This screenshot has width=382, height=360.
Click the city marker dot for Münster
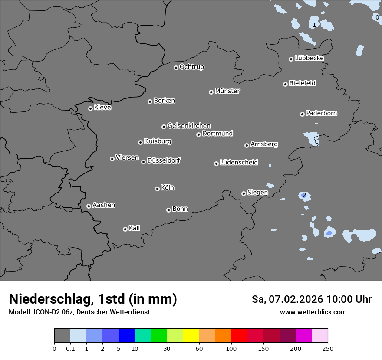[x=211, y=92]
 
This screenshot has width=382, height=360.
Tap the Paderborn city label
[x=322, y=113]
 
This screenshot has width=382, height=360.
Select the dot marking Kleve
[x=90, y=108]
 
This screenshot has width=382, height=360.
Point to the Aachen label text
[x=104, y=205]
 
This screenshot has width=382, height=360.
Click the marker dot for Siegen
[x=244, y=193]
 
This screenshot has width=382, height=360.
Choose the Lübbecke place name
[x=309, y=58]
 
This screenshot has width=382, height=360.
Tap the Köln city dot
[x=157, y=189]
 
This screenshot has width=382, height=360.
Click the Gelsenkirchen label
[x=189, y=126]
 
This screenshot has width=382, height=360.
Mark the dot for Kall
[x=125, y=229]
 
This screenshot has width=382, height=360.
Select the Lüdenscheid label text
[x=239, y=163]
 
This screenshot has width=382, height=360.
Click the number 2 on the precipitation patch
[x=304, y=196]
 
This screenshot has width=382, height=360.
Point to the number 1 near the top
[x=314, y=25]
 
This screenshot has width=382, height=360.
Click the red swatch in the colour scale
[x=239, y=336]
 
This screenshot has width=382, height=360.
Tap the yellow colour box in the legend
[x=191, y=336]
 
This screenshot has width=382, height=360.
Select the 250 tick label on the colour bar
[x=328, y=348]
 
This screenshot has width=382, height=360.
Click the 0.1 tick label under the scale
[x=70, y=348]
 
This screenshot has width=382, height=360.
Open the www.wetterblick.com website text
[x=313, y=312]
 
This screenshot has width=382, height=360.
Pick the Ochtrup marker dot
[x=176, y=68]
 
